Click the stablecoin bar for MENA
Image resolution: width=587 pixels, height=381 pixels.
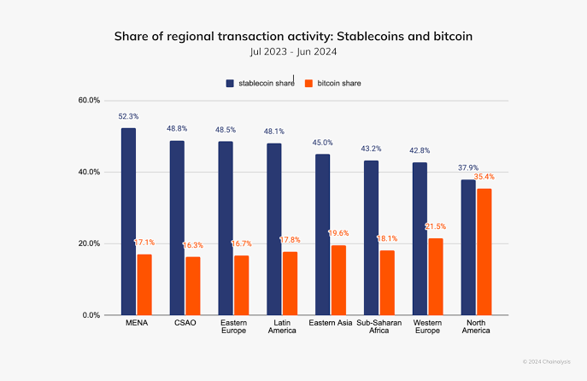tap(128, 221)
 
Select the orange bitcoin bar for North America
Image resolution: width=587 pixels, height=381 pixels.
tap(484, 251)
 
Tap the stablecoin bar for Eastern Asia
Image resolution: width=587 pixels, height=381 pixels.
tap(322, 234)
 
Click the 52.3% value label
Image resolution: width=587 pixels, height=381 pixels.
tap(128, 116)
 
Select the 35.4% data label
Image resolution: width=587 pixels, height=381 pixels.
tap(484, 177)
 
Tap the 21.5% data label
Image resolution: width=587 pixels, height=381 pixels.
tap(436, 226)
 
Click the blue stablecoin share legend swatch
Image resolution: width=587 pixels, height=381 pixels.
tap(230, 84)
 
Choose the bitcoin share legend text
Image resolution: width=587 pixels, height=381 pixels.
tap(339, 84)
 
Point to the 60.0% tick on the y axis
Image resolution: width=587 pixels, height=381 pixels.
tap(89, 100)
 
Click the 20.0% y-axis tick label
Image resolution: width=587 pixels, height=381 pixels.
tap(89, 243)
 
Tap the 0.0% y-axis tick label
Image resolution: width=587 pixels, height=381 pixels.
tap(91, 315)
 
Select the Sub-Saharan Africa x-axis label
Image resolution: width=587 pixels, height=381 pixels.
tap(378, 326)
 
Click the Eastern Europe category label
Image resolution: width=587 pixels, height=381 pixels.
tap(233, 326)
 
